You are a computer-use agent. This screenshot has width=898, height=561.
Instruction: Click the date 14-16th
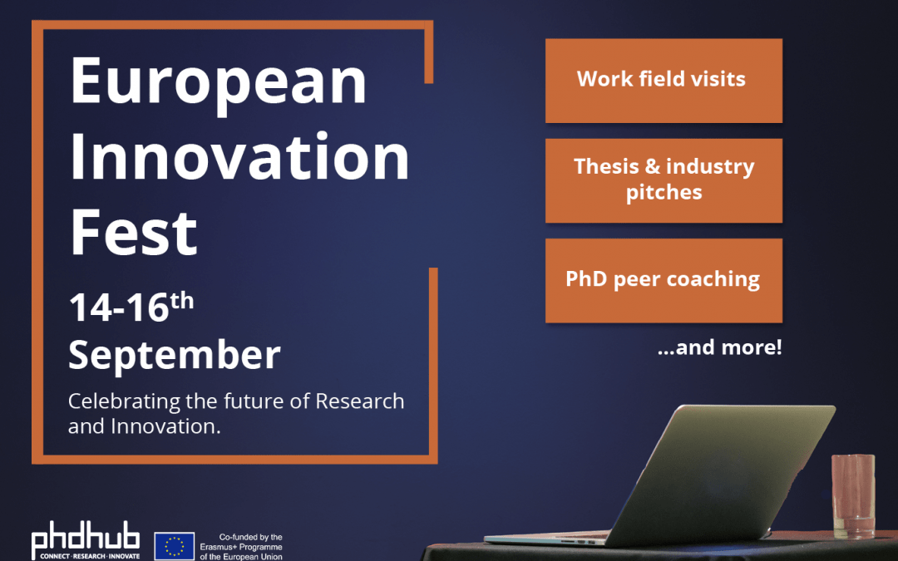coord(131,307)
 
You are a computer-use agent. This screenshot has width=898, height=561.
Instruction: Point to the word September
coord(174,355)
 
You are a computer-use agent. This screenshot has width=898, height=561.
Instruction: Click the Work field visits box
coord(663,80)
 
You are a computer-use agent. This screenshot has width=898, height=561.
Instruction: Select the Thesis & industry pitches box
coord(663,180)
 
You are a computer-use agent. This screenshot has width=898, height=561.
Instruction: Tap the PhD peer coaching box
coord(663,279)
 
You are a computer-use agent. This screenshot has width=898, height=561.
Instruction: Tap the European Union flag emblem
coord(174,546)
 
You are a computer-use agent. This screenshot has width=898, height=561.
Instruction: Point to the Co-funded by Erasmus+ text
coord(249,547)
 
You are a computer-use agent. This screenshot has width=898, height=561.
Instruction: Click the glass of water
coord(853,496)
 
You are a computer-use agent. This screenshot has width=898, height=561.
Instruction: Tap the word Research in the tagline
coord(359,401)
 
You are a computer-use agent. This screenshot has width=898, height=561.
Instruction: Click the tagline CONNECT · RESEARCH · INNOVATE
coord(86,555)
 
